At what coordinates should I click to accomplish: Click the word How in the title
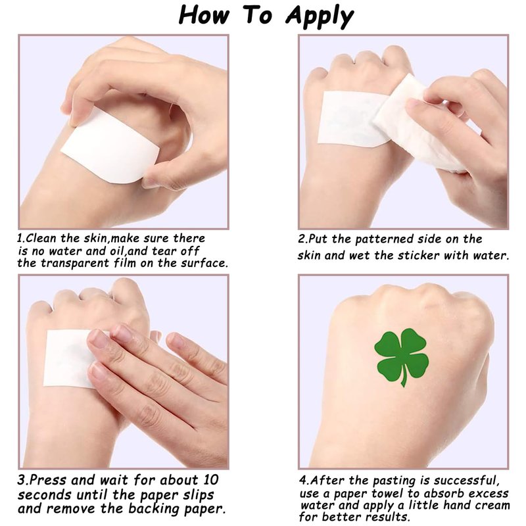pos(204,14)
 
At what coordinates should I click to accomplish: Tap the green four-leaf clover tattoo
pos(402,356)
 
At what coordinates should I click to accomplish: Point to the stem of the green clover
pos(404,376)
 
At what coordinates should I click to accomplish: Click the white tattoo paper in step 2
pos(352,119)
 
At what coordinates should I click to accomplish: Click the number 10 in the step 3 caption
pos(210,480)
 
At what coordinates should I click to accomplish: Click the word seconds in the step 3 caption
pos(45,494)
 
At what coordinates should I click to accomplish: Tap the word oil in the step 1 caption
pos(118,251)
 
